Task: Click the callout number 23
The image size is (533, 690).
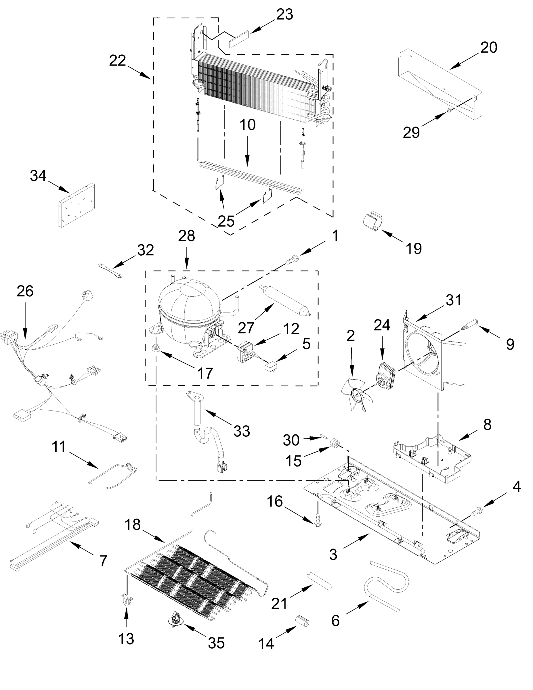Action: [x=284, y=15]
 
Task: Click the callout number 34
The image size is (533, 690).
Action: [x=38, y=176]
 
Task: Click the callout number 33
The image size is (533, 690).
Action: [x=242, y=431]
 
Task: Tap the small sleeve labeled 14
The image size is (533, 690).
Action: [x=302, y=621]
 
